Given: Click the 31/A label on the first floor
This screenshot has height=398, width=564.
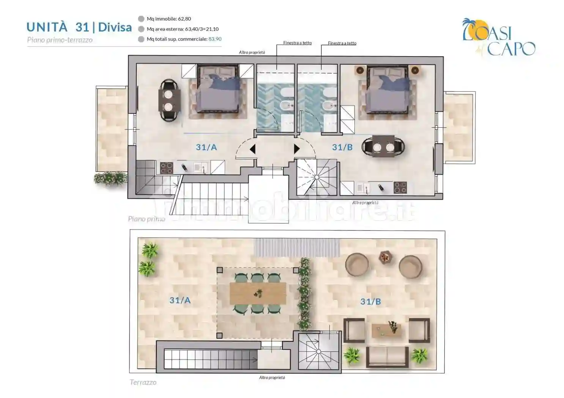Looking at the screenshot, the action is pos(206,147).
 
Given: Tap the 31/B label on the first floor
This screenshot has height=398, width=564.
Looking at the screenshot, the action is pos(342,147).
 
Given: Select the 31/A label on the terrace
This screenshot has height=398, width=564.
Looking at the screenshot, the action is pos(180,300).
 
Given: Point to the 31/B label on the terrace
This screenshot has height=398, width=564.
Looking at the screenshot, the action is pos(370,301).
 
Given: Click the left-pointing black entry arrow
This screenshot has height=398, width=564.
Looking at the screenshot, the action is pos(252,149).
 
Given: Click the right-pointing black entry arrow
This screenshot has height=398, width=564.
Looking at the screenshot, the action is pos(297,149).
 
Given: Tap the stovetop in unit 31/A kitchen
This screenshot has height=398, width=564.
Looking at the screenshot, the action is pos(167,168).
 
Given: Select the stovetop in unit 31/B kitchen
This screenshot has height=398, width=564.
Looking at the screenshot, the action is pos(400,188).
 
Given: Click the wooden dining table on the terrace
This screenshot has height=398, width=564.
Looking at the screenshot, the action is pos(258,293).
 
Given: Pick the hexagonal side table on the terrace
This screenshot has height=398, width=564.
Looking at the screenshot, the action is pos(386,257).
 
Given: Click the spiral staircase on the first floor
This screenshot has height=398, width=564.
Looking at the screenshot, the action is pos(317,177).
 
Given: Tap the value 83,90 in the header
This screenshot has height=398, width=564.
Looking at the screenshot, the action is pos(215,39).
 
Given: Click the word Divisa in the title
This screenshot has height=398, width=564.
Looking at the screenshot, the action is pos(115,27).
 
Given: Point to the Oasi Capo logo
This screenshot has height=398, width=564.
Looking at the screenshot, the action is pos(499,37).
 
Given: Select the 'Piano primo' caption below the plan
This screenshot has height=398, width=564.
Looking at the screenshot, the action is pos(147,219).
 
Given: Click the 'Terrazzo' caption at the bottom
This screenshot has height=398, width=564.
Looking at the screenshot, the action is pos(143,382).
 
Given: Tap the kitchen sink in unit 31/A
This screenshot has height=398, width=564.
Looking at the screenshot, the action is pos(200,168).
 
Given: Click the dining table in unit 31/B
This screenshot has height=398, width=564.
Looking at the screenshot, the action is pos(383,146).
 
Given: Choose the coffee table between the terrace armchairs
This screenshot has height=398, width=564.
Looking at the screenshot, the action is pos(386,330).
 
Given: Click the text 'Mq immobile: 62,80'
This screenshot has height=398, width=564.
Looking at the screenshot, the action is pos(169,19).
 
